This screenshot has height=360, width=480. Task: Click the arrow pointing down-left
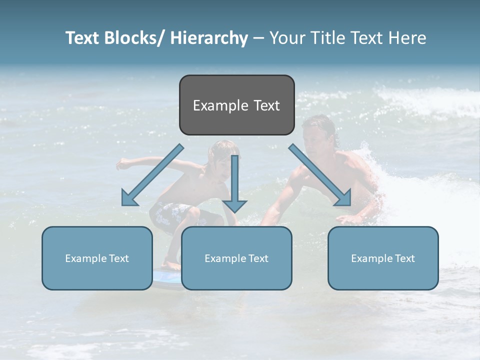(152, 175)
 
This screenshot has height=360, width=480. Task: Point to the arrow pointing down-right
(320, 175)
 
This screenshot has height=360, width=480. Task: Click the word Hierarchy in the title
(209, 38)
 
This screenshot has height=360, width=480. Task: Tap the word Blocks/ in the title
(135, 38)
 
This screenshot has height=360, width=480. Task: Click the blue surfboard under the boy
(165, 278)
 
